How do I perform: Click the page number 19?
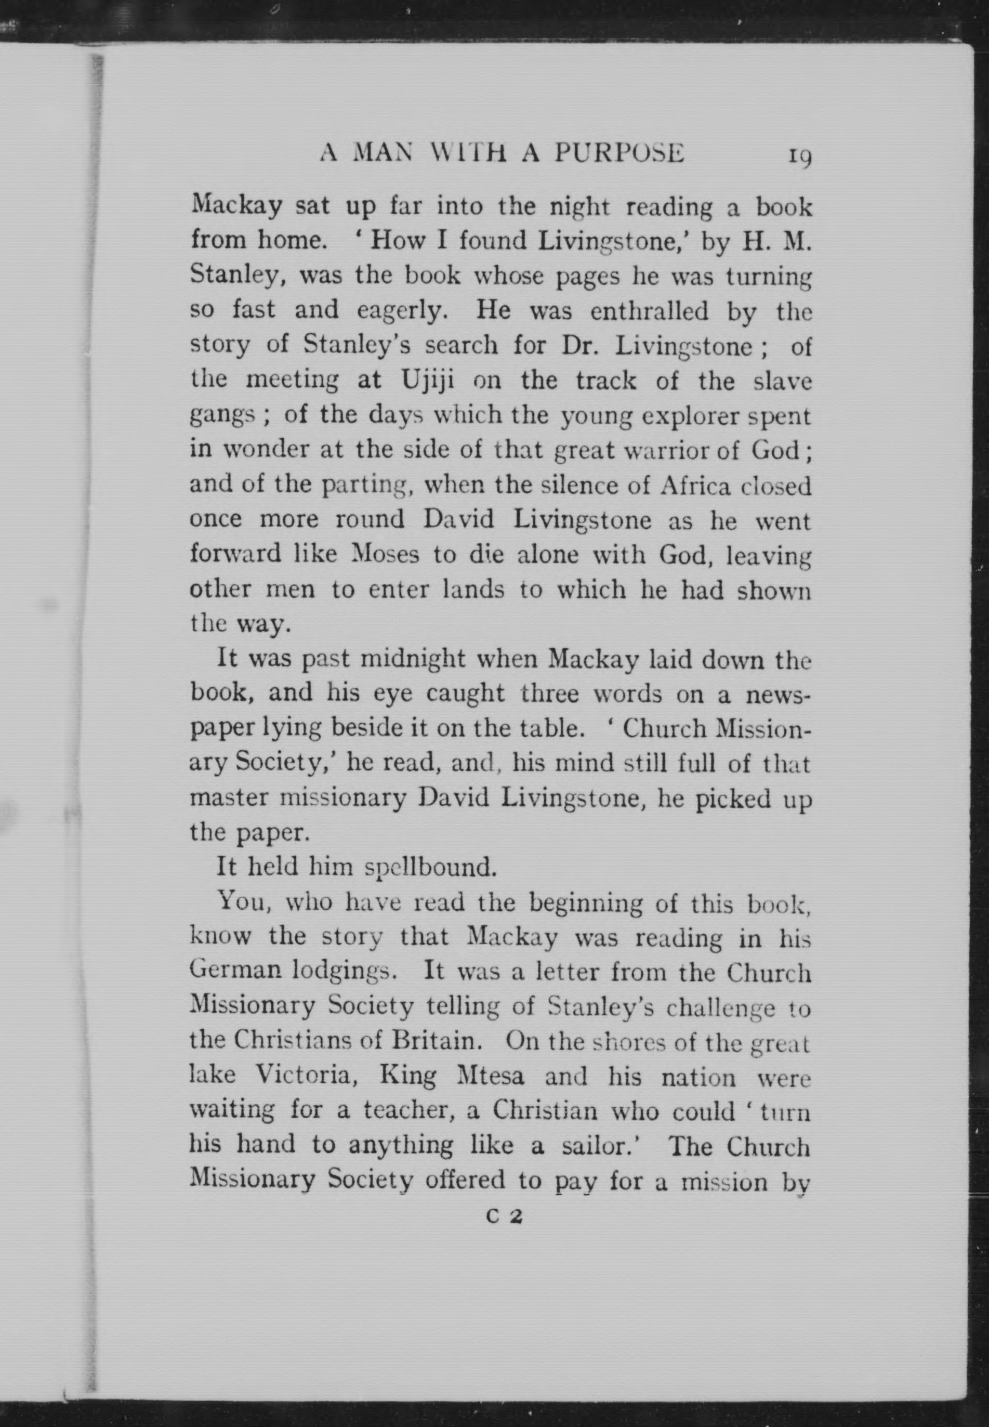[x=799, y=157]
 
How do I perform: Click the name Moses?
[x=383, y=554]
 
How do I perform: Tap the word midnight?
[x=412, y=658]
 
